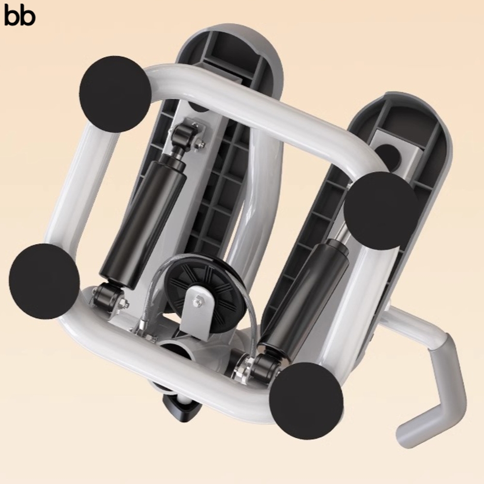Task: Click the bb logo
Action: [20, 16]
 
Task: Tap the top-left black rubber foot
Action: [115, 94]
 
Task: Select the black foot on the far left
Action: [45, 281]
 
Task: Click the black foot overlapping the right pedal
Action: [381, 211]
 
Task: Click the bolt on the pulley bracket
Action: [197, 301]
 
